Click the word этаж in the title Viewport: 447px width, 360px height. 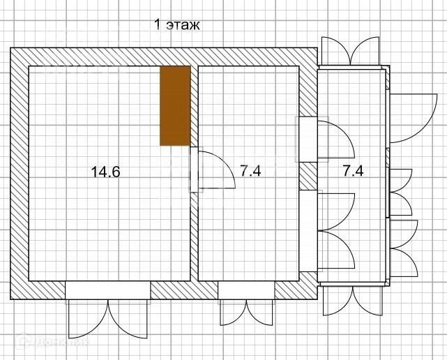click(x=183, y=25)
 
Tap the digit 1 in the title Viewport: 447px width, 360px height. click(x=158, y=24)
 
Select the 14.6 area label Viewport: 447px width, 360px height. click(x=105, y=172)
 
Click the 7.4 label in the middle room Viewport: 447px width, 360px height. click(x=250, y=171)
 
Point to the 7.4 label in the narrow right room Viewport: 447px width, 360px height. click(x=353, y=171)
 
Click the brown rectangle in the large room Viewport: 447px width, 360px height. click(x=175, y=106)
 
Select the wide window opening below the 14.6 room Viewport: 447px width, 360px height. click(x=108, y=290)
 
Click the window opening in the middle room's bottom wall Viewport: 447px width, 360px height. click(x=246, y=290)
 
